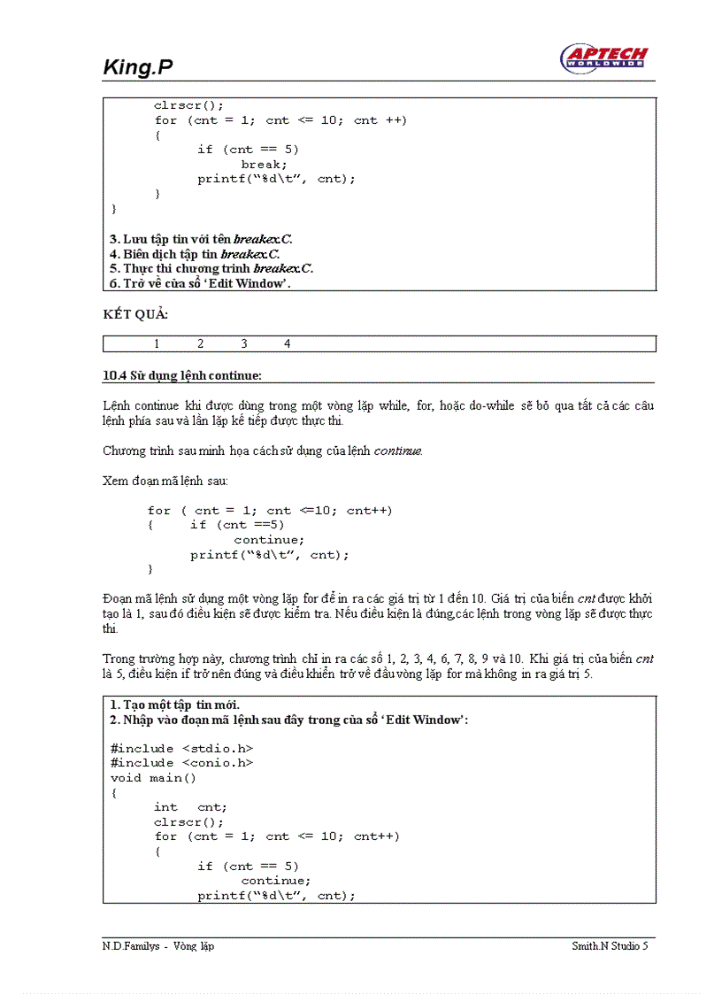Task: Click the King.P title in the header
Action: coord(137,66)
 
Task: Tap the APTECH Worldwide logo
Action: coord(603,58)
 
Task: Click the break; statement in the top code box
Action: coord(264,164)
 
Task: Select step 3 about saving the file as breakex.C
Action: coord(201,239)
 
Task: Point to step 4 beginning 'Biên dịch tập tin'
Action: coord(195,254)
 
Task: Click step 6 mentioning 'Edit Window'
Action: coord(200,283)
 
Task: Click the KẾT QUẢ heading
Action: coord(135,314)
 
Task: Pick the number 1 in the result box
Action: coord(157,343)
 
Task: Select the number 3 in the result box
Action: coord(244,343)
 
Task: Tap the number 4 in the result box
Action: coord(287,343)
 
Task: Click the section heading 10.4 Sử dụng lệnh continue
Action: coord(182,375)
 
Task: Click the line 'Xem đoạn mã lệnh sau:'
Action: coord(165,480)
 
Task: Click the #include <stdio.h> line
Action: coord(181,748)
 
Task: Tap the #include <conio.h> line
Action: coord(181,762)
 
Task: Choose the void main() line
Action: coord(153,777)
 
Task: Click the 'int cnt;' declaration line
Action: coord(190,806)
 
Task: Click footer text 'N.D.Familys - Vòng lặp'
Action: coord(158,946)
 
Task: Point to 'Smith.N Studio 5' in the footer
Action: coord(610,946)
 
